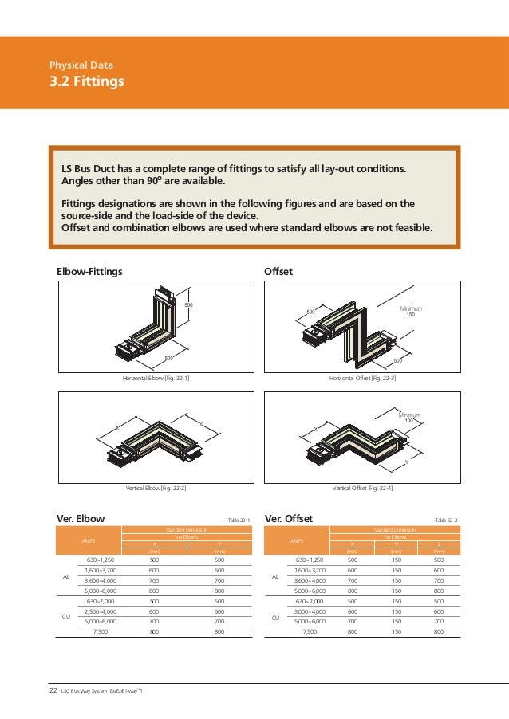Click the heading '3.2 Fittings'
(86, 81)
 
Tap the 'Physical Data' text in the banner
(81, 64)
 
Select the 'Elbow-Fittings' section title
(89, 272)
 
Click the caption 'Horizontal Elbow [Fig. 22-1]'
(156, 379)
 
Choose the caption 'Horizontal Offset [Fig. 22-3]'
(362, 379)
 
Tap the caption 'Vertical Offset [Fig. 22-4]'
(362, 486)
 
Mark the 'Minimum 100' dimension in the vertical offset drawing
(409, 418)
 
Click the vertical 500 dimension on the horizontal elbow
(189, 305)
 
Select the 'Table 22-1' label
(239, 520)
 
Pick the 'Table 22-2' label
(446, 520)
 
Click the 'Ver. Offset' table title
(289, 519)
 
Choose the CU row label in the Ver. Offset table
(275, 616)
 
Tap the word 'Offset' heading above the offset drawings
(278, 272)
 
